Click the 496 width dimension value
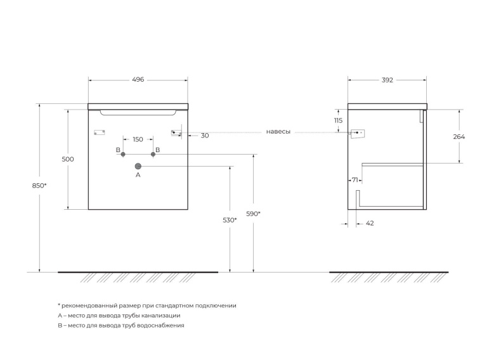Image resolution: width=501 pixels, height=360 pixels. tap(138, 80)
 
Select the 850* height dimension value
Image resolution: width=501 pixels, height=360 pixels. tap(39, 185)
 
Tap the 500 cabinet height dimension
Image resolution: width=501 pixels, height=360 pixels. tap(68, 159)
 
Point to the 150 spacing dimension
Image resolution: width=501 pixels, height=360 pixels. tap(138, 139)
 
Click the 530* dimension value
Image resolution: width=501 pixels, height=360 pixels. tap(230, 220)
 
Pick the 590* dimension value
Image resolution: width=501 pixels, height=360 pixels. tap(254, 214)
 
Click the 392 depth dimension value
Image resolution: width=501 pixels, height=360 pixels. tap(387, 80)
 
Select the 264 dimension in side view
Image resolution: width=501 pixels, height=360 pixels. tap(459, 137)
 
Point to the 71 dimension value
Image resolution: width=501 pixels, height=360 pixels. tap(355, 180)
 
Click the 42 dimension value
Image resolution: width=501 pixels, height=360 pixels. tap(370, 223)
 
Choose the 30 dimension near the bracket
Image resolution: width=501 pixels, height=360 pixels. tap(204, 136)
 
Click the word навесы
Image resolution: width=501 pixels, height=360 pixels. tap(278, 132)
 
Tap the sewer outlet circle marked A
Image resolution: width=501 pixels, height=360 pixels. tap(138, 166)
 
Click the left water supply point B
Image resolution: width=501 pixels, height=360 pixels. tap(124, 154)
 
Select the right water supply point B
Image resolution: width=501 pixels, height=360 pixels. tap(153, 154)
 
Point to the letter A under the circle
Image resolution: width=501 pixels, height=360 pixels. tap(138, 175)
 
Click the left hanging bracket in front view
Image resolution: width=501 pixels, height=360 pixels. tap(98, 132)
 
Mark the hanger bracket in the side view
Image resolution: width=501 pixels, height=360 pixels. tap(358, 134)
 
